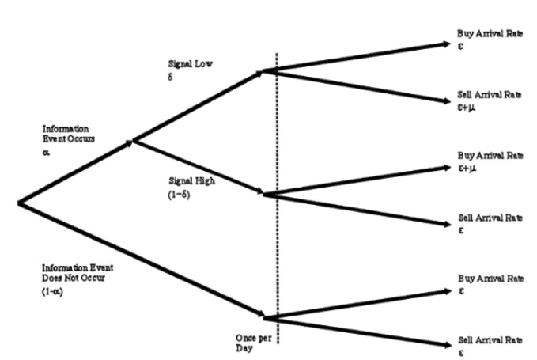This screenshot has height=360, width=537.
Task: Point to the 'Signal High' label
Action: click(x=187, y=180)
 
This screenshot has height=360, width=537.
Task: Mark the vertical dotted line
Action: click(x=277, y=237)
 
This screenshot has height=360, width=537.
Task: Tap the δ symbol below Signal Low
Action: click(x=169, y=78)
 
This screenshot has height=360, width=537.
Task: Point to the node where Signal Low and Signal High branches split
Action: click(x=134, y=142)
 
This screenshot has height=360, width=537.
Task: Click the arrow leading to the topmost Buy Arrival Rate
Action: click(x=356, y=57)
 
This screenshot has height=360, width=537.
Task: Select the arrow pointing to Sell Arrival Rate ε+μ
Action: click(x=356, y=86)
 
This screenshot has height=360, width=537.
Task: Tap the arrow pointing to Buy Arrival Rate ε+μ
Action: click(x=356, y=180)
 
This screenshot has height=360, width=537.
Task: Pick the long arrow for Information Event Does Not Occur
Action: click(x=142, y=261)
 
